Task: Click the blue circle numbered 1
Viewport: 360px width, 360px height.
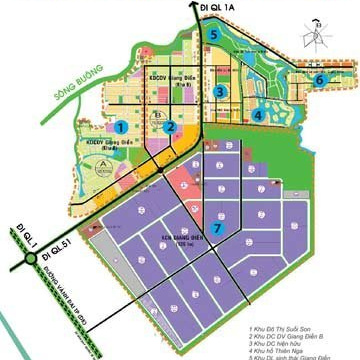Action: [121, 127]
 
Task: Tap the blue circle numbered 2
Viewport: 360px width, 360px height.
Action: [171, 127]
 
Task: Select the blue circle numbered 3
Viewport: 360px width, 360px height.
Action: [218, 91]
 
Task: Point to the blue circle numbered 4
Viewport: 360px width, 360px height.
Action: [258, 115]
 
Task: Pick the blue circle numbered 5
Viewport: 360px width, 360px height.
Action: [215, 34]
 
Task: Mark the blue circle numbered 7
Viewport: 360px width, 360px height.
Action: [217, 229]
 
